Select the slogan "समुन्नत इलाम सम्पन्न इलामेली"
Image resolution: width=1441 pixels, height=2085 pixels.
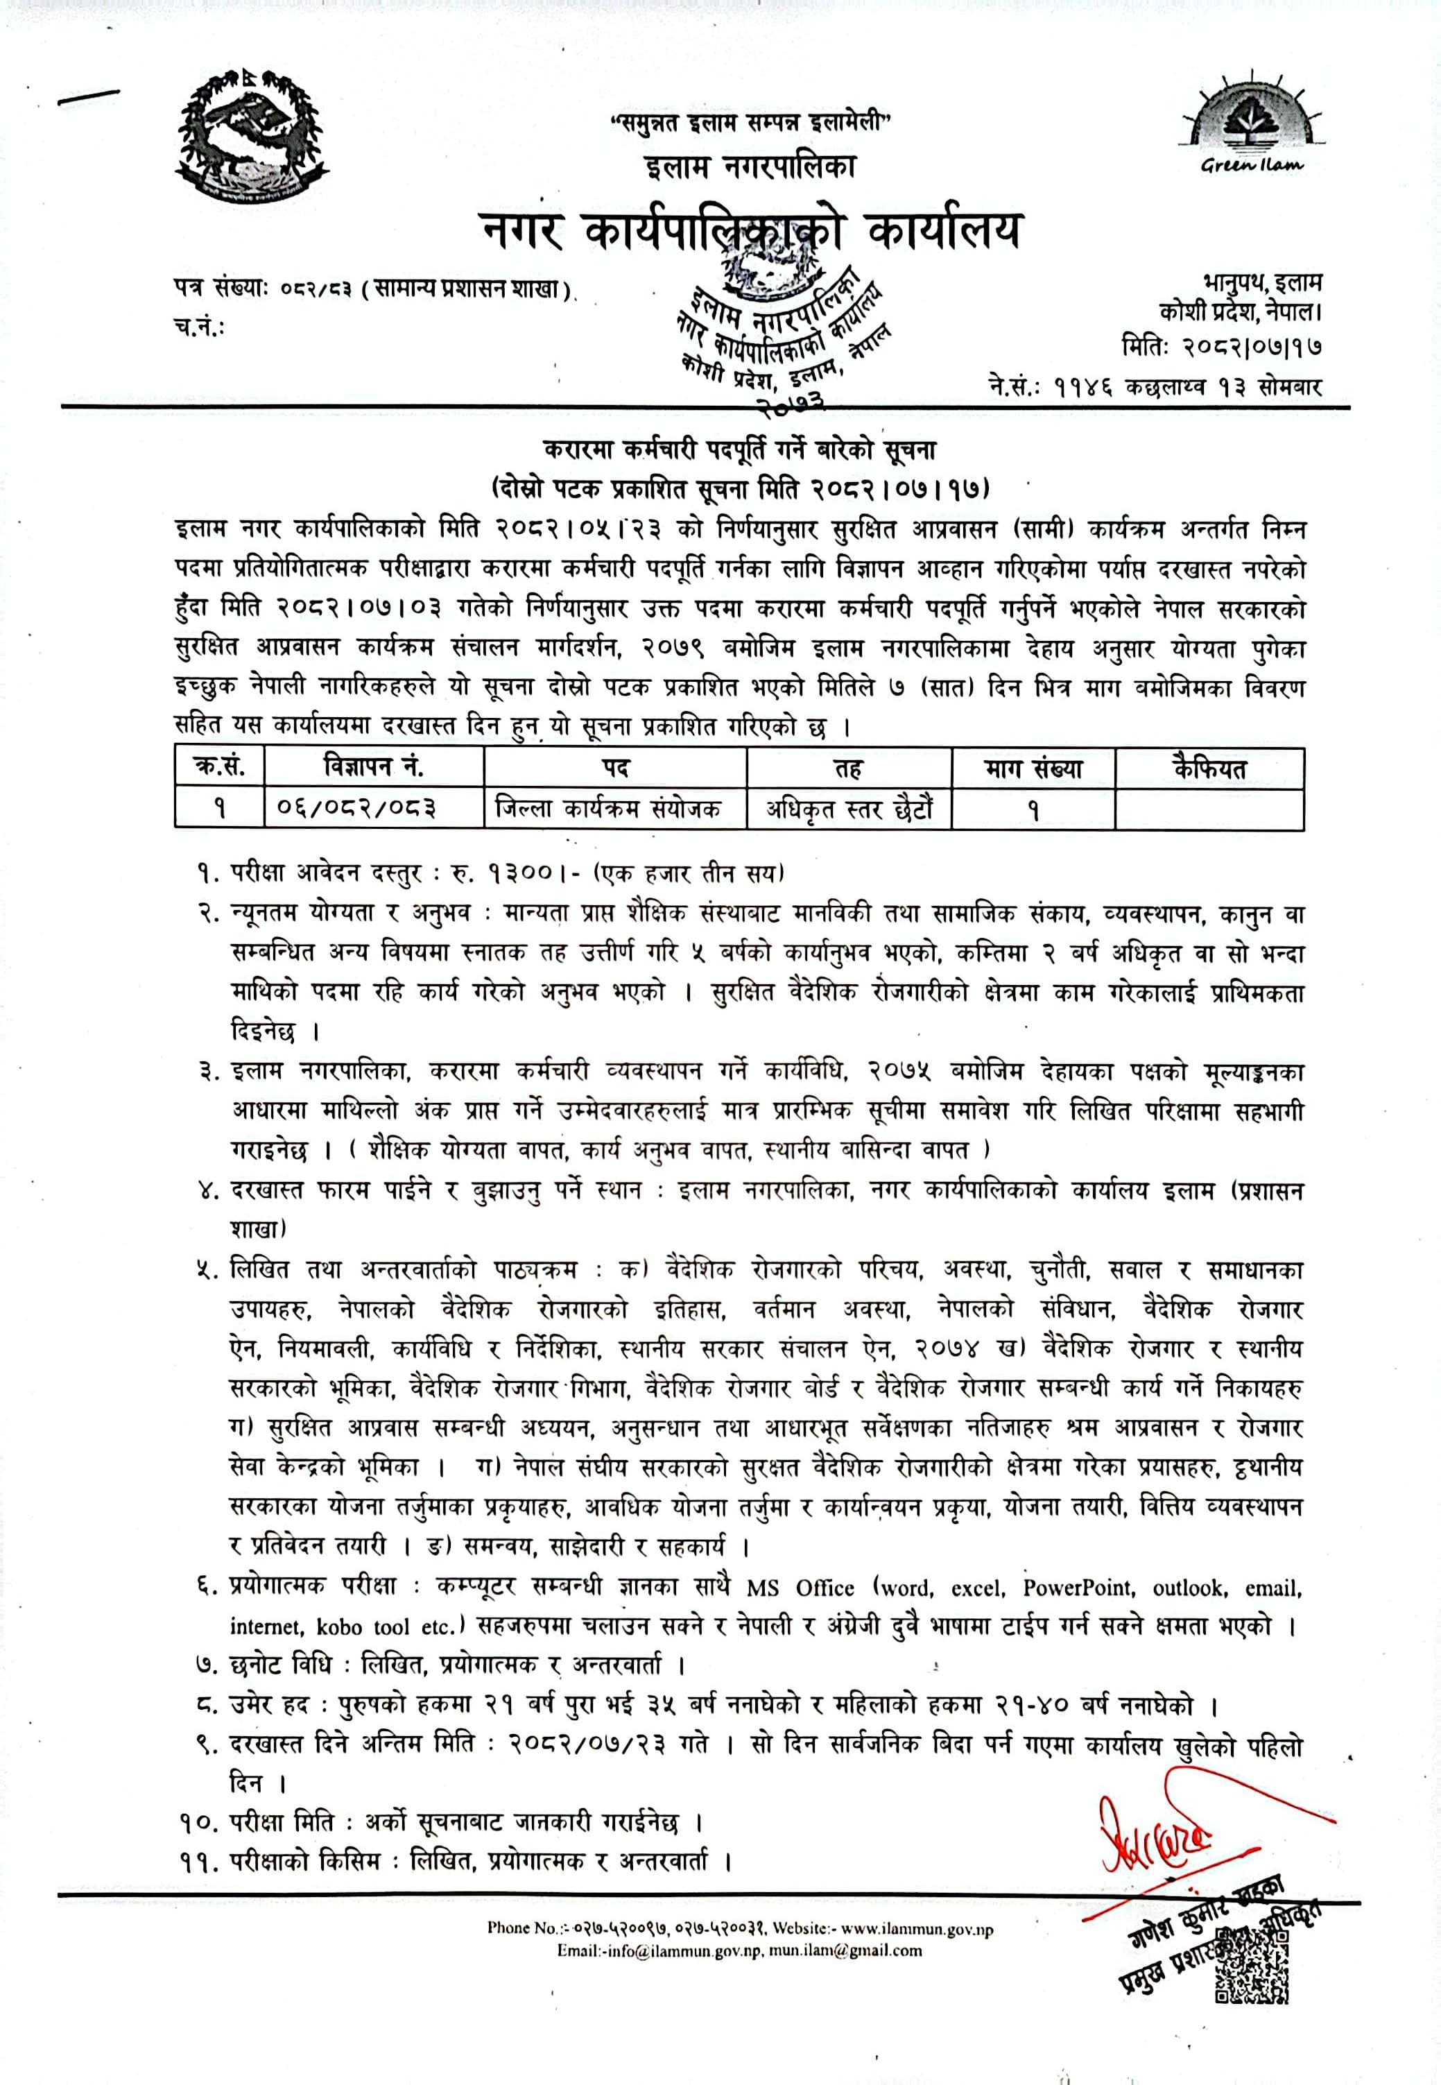750,123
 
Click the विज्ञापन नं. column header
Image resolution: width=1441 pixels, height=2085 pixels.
373,768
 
